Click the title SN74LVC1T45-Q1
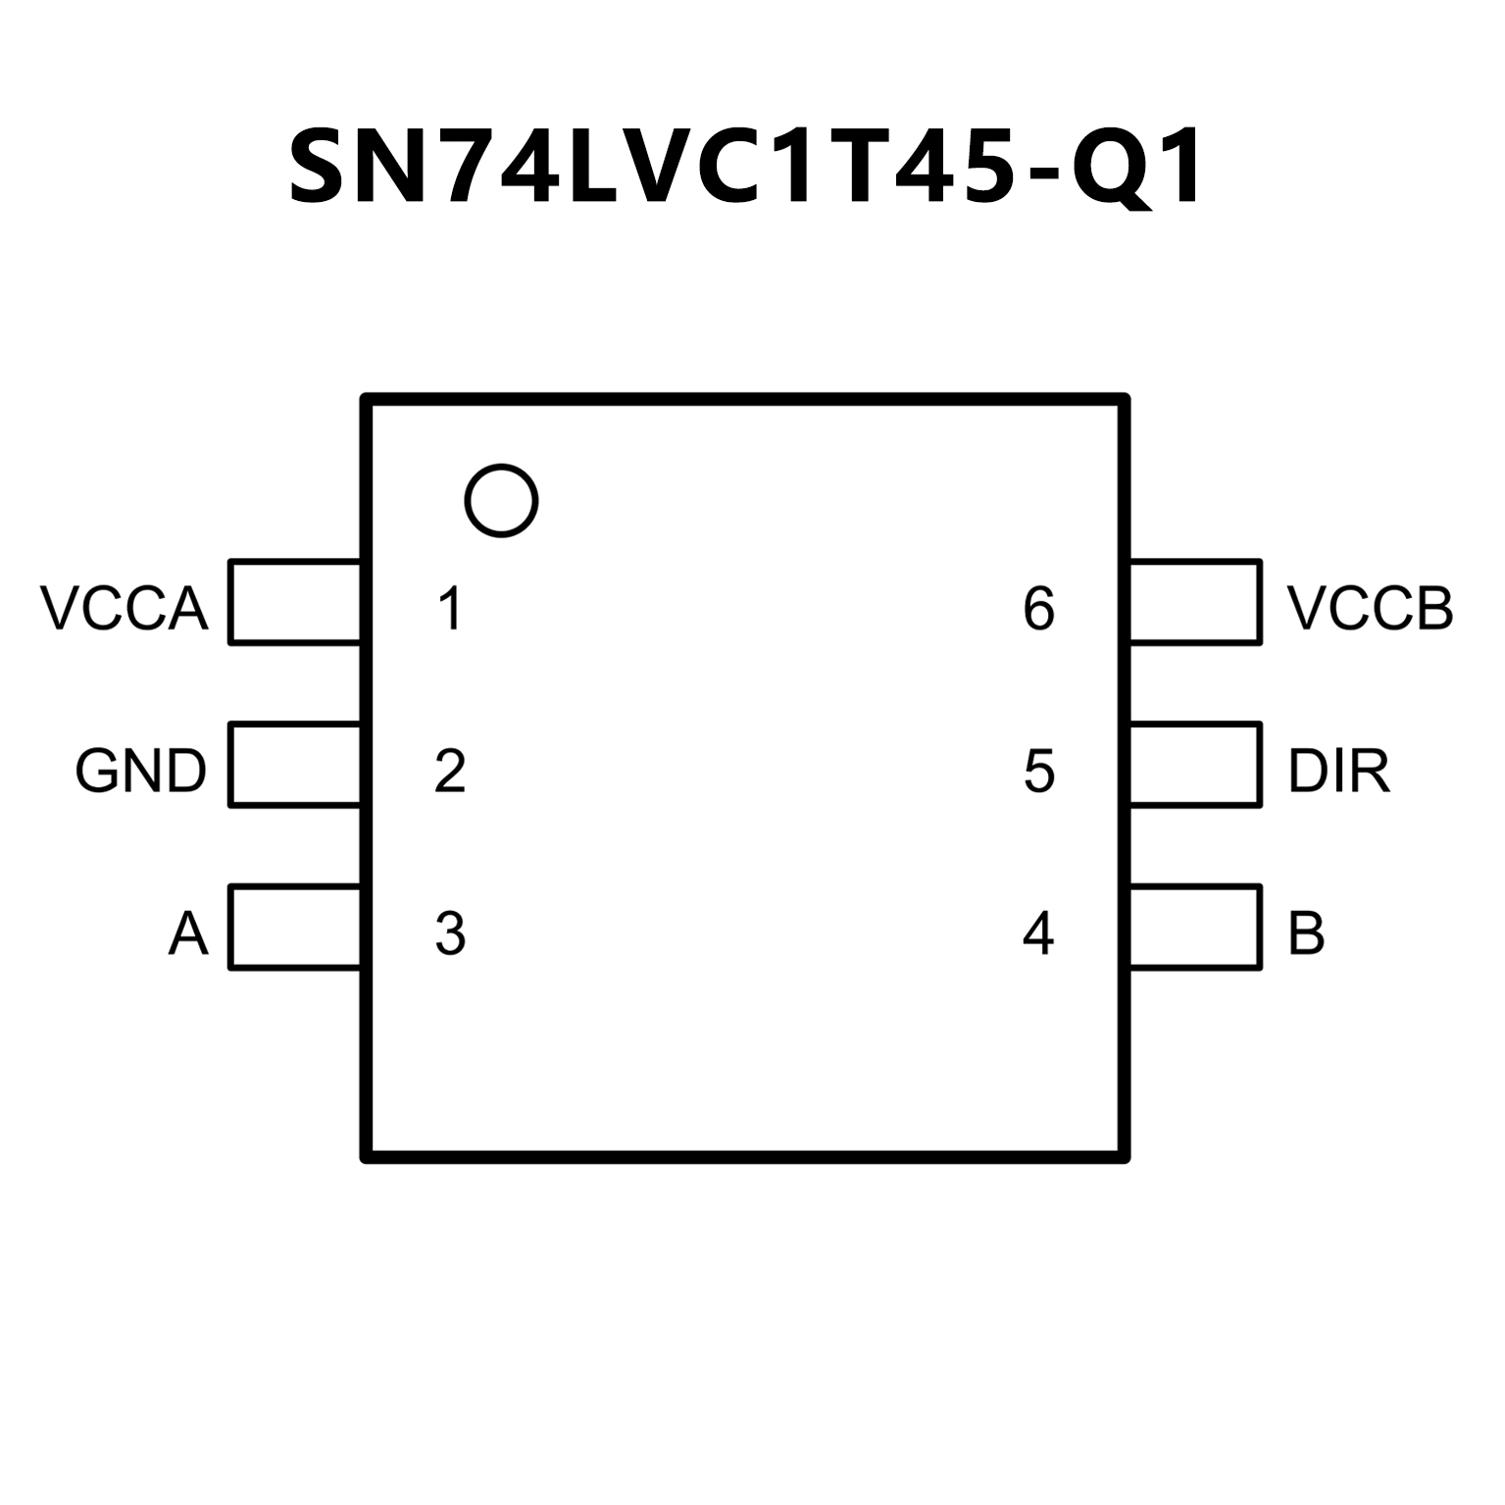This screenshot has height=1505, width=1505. pos(746,168)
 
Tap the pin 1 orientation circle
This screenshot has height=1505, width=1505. pos(501,501)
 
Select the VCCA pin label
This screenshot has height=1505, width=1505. pos(125,608)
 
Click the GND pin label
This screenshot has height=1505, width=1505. pos(141,771)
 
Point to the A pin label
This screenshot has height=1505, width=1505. pos(188,933)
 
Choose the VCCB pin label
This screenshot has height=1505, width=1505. pos(1370,608)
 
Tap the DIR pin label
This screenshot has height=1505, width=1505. pos(1339,771)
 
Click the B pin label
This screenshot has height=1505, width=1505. pos(1306,933)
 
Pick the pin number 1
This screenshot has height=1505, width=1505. pos(450,608)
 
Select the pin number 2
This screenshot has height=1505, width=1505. pos(450,771)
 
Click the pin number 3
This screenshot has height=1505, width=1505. pos(450,933)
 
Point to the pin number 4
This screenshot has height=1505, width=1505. pos(1038,933)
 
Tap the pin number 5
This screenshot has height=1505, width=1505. pos(1038,771)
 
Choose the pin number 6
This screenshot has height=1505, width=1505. pos(1038,608)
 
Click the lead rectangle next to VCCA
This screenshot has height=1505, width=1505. pos(294,602)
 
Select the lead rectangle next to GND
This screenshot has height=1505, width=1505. pos(294,765)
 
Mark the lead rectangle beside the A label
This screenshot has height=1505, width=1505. pos(294,928)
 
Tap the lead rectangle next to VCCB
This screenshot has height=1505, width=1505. pos(1195,602)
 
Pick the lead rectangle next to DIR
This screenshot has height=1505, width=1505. pos(1195,765)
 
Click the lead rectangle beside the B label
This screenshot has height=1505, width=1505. pos(1195,928)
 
